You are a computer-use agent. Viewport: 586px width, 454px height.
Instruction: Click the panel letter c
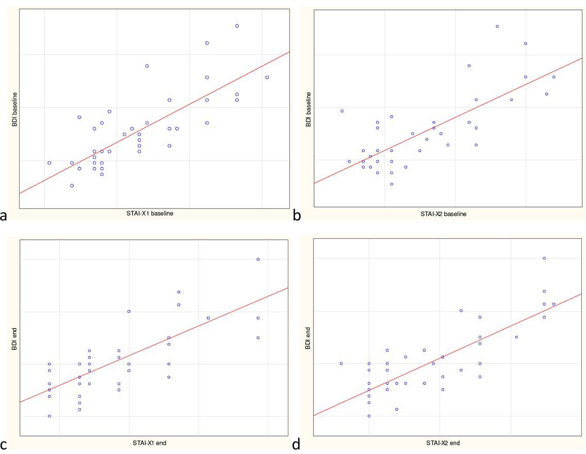[x=4, y=445]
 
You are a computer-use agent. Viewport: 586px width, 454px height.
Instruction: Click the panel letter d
[x=296, y=444]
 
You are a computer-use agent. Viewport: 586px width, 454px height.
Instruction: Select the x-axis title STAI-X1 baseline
[x=150, y=214]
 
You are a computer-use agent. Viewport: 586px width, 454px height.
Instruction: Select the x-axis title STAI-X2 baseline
[x=443, y=214]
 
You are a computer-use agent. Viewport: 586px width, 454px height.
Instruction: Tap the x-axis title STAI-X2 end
[x=443, y=443]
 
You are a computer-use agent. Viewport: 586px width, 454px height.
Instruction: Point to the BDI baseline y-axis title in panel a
[x=14, y=109]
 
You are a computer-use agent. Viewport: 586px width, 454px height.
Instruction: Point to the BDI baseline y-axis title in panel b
[x=308, y=109]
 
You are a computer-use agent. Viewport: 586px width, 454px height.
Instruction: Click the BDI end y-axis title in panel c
[x=14, y=338]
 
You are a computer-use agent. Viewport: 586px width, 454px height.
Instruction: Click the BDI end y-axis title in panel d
[x=308, y=338]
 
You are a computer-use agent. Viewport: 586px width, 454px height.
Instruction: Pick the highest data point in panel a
[x=237, y=26]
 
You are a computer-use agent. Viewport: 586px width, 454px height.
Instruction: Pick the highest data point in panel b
[x=497, y=26]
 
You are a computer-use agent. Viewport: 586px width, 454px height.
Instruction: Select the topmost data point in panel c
[x=258, y=259]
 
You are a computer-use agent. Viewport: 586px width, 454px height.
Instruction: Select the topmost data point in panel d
[x=544, y=258]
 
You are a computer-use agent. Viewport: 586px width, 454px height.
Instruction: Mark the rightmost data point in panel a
[x=267, y=77]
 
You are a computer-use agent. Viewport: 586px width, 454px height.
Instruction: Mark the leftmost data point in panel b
[x=342, y=111]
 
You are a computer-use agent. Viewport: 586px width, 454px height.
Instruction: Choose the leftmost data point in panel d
[x=341, y=363]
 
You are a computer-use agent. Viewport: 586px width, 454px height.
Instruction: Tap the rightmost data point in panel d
[x=554, y=304]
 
